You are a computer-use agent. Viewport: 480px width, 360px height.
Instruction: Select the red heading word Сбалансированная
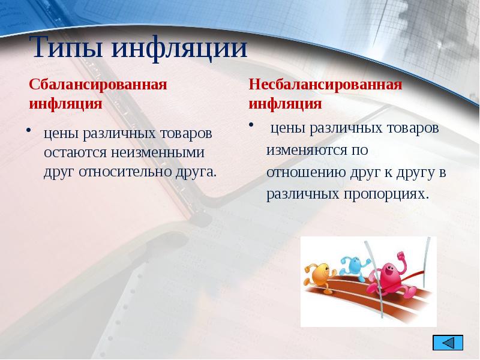click(98, 84)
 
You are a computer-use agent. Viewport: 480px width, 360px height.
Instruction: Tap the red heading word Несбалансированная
click(325, 84)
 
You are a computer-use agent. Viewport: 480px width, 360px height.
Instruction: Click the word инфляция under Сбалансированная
click(65, 103)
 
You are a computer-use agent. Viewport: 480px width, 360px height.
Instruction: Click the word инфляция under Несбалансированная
click(286, 103)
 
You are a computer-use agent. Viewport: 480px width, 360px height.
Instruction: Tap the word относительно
click(121, 172)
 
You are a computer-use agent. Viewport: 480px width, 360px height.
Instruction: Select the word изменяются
click(302, 149)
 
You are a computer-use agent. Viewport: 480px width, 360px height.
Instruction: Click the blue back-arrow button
click(448, 343)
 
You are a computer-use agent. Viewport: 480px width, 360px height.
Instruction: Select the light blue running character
click(355, 268)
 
